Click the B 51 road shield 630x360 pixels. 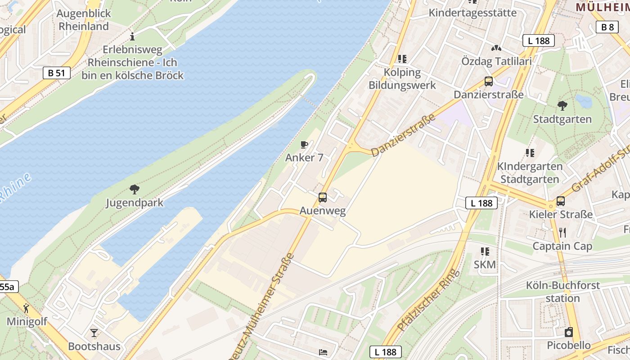(57, 73)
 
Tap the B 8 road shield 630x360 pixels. (607, 27)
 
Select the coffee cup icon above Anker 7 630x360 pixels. (304, 144)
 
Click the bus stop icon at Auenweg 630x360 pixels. (323, 197)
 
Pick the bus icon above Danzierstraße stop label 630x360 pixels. (489, 81)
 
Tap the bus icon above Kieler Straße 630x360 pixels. (561, 201)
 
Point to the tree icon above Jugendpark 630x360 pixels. (134, 189)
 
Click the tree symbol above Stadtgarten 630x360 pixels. (562, 106)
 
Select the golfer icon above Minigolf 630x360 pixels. (27, 308)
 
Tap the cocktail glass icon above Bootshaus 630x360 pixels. (94, 333)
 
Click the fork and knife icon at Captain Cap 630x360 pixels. (562, 233)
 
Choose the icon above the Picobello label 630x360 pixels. (569, 332)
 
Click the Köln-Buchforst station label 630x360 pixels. (562, 292)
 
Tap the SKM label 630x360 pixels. (485, 265)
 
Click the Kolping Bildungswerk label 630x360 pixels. (402, 79)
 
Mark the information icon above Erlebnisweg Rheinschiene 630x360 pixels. (132, 36)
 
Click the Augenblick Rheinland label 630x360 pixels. (84, 20)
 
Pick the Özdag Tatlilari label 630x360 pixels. (496, 61)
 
